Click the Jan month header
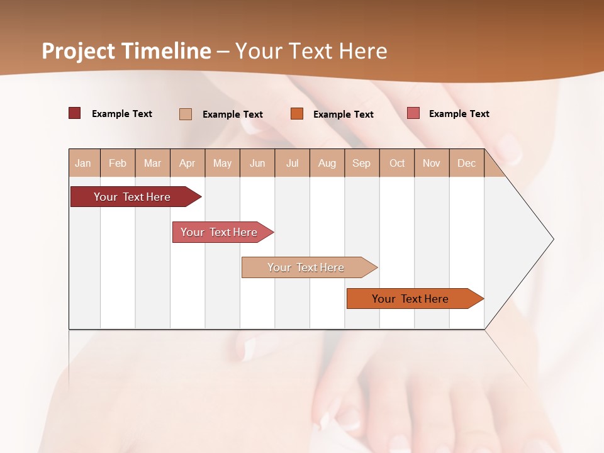(84, 163)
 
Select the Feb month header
(118, 163)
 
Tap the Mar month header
(152, 163)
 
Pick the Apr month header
(187, 163)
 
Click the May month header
(222, 163)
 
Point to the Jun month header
(257, 163)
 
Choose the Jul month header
(292, 163)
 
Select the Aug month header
(327, 163)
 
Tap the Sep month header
(362, 163)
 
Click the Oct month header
(397, 163)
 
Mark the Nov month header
(432, 163)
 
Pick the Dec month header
(467, 163)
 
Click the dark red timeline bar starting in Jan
(133, 197)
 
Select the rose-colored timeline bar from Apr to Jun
(220, 232)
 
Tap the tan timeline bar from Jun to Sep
(306, 267)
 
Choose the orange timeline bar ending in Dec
(411, 299)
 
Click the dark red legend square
(75, 113)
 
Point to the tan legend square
(186, 114)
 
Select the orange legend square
(297, 114)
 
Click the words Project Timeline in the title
(126, 51)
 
